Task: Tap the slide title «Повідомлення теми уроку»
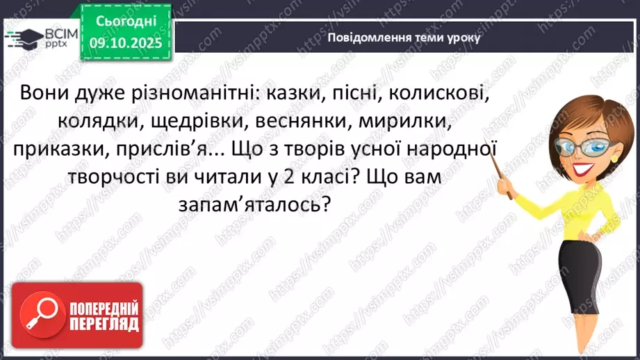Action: (403, 38)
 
